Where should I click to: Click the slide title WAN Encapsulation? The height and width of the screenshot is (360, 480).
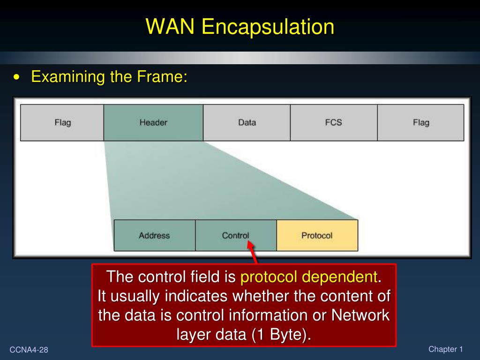[x=240, y=27]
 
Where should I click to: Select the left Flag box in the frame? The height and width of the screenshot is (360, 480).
[x=62, y=123]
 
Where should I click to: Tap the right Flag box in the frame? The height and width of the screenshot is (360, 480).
[x=420, y=123]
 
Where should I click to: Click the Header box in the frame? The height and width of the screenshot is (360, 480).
[x=153, y=123]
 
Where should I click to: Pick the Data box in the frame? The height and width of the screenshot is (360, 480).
[x=247, y=123]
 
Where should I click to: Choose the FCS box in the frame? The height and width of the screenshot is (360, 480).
[x=333, y=123]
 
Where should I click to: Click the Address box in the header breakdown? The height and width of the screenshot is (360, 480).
[x=154, y=235]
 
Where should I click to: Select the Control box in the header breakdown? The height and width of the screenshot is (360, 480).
[x=235, y=235]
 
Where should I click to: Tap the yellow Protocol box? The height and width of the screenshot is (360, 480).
[x=317, y=235]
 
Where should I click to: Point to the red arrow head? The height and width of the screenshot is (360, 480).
[x=251, y=245]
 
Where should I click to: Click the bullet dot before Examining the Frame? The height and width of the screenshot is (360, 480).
[x=17, y=77]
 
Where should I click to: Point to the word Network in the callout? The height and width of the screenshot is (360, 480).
[x=360, y=315]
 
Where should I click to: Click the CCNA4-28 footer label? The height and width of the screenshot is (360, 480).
[x=29, y=350]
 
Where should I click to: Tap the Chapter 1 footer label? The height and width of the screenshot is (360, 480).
[x=445, y=349]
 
